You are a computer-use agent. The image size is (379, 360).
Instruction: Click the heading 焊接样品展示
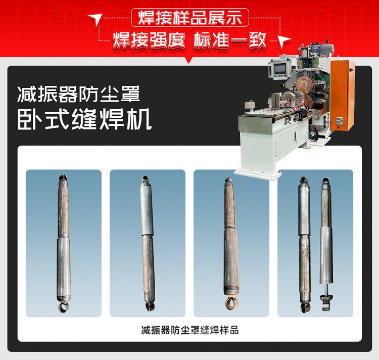tap(190, 18)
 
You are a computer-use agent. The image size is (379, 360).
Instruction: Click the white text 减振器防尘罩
tap(78, 94)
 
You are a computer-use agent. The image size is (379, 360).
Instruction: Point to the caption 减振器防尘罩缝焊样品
tap(189, 330)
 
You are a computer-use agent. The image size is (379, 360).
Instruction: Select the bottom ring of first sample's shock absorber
tap(63, 307)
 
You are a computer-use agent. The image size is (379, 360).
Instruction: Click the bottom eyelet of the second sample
tap(149, 306)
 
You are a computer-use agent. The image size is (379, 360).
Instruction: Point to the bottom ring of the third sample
tap(231, 303)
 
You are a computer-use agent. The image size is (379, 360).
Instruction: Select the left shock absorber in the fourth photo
tap(303, 243)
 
